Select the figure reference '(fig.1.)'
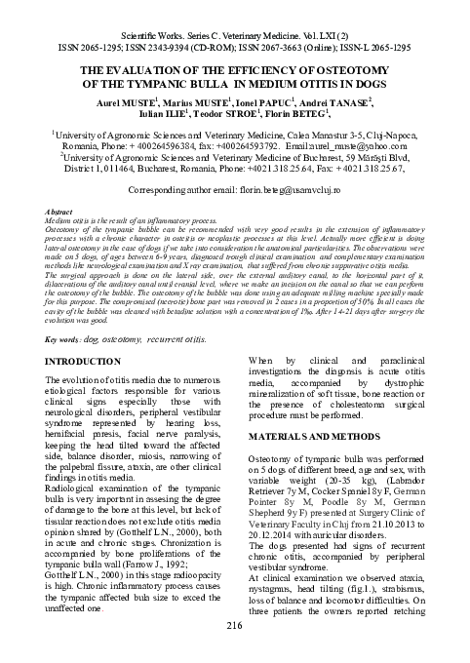coord(380,594)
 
